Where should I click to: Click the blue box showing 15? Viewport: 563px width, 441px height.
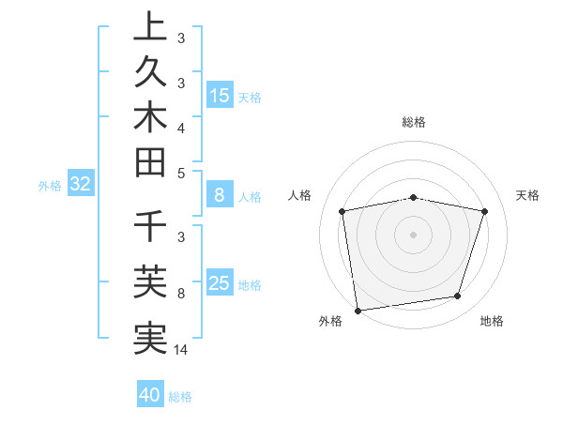point(220,95)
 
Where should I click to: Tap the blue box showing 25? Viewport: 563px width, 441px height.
point(220,283)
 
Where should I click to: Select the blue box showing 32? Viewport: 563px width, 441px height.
point(80,184)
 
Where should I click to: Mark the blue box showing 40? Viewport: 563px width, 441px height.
point(150,395)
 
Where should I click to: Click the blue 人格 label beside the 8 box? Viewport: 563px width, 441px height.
point(250,197)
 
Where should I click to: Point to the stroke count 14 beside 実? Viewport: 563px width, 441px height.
point(181,350)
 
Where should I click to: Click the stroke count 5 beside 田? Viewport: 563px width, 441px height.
point(181,173)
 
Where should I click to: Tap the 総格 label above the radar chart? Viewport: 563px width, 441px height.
point(414,122)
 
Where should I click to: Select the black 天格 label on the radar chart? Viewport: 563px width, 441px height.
point(528,195)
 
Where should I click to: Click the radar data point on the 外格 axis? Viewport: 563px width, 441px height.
point(357,310)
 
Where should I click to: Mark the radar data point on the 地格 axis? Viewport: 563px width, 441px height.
point(458,297)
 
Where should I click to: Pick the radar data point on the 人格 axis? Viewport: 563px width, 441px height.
point(342,211)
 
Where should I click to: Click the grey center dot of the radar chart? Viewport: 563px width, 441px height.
point(413,234)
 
